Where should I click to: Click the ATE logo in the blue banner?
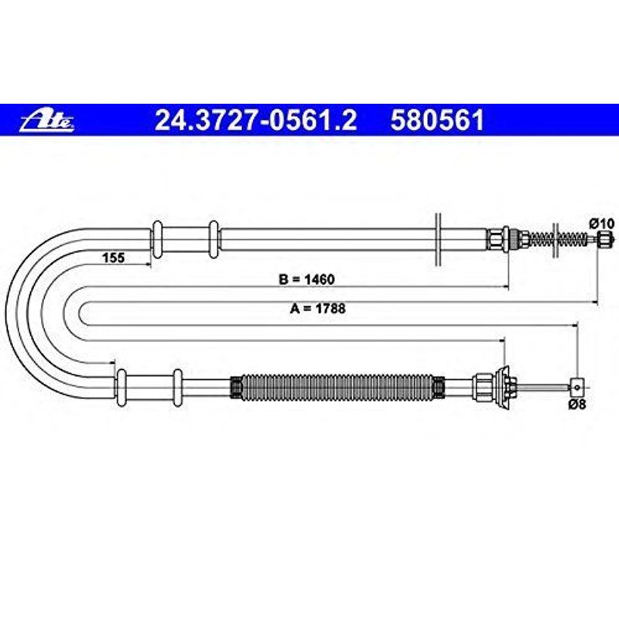48,121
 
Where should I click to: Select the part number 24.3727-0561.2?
256,121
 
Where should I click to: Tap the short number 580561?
438,121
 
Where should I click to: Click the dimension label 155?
113,258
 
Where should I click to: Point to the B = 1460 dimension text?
307,279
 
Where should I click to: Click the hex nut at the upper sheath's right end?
495,238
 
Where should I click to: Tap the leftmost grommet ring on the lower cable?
121,387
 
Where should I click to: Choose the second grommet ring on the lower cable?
177,387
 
